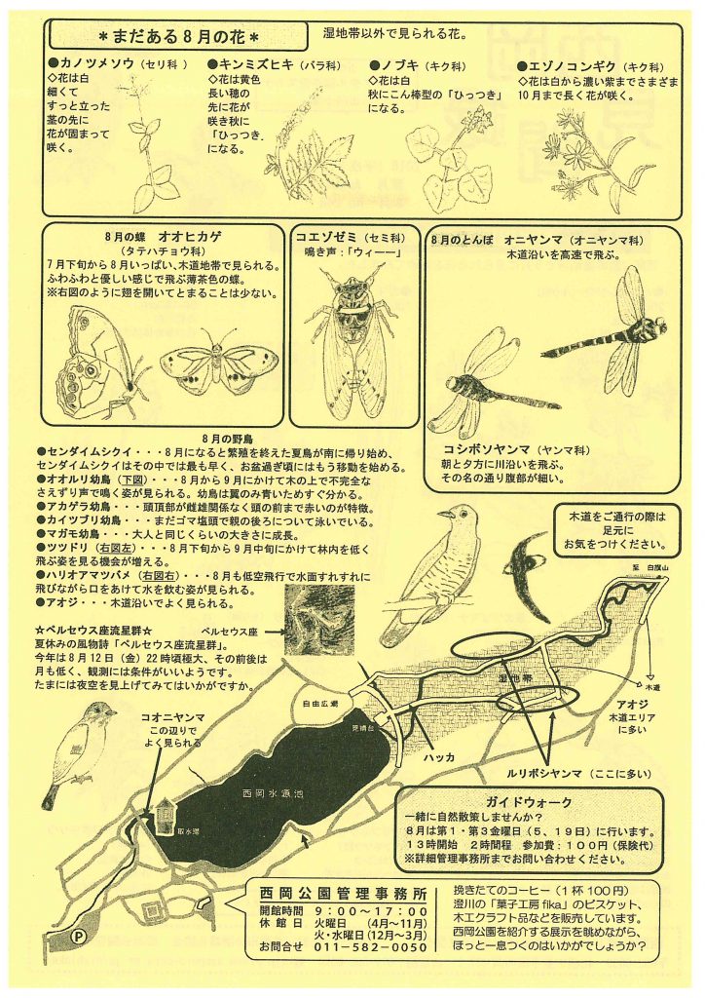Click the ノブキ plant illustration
click(x=444, y=161)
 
